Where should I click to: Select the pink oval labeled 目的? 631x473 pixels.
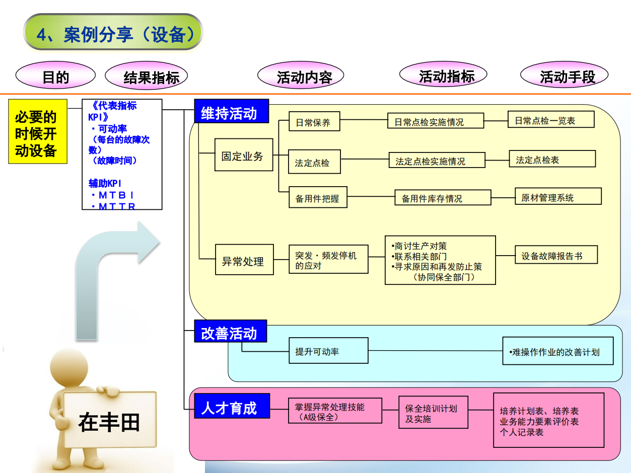coord(55,76)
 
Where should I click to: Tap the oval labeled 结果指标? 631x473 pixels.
coord(146,76)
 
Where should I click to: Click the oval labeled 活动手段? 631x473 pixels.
coord(564,76)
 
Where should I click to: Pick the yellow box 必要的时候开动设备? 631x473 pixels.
coord(38,131)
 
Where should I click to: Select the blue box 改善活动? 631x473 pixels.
coord(230,333)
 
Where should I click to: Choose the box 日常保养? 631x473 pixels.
coord(314,121)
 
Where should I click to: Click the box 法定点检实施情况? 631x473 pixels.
coord(437,161)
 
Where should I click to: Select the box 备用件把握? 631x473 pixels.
coord(318,197)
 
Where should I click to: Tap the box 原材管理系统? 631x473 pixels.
coord(558,196)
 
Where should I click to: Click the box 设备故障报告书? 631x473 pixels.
coord(556,255)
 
